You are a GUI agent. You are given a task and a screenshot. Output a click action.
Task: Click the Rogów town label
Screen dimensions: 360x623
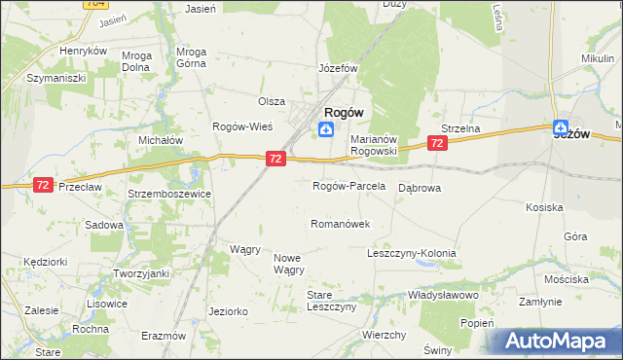point(344,112)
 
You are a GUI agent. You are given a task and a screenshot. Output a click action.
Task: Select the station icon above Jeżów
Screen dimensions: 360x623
point(561,126)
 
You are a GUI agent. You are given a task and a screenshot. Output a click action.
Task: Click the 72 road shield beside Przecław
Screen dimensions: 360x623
point(42,184)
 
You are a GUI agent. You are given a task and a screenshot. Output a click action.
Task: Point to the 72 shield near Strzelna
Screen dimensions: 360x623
point(437,143)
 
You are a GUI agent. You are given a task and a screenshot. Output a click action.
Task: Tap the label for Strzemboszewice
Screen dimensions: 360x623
point(170,194)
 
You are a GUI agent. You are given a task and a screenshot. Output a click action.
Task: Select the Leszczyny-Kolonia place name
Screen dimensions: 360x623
point(411,253)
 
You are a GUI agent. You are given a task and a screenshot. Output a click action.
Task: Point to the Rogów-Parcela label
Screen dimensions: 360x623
point(348,185)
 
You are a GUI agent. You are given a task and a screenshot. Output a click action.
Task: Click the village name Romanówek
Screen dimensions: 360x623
point(340,224)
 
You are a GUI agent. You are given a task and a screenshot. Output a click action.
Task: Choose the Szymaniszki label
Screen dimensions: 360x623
point(57,77)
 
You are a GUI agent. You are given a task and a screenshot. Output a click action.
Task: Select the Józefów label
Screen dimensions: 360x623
point(339,69)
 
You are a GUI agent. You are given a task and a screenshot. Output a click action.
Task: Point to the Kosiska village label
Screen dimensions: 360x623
point(544,207)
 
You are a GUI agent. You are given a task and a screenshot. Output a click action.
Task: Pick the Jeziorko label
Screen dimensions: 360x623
point(228,311)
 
